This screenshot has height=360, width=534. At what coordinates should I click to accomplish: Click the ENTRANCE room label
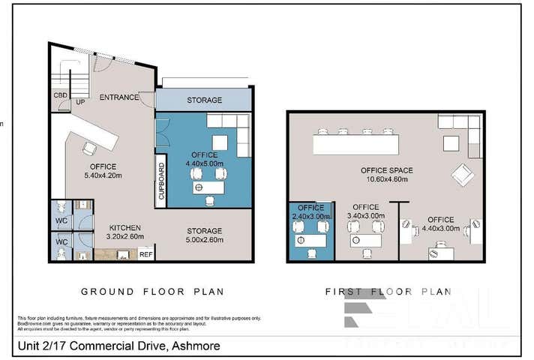click(119, 97)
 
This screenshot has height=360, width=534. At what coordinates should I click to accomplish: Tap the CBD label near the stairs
click(60, 95)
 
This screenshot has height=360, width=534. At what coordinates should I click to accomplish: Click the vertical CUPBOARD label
click(160, 181)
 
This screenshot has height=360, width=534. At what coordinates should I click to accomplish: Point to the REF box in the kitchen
click(146, 254)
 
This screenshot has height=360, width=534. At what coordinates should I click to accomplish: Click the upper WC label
click(61, 222)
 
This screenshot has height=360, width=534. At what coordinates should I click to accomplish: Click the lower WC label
click(61, 242)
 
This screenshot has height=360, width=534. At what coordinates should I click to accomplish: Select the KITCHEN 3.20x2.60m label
click(124, 232)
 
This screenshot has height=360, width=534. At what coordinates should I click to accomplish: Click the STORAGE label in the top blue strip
click(204, 100)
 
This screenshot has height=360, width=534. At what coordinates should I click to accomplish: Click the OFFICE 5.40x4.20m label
click(103, 171)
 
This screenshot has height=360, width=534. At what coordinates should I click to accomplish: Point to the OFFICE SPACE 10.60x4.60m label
click(387, 175)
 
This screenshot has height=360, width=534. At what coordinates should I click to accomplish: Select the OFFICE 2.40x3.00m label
click(310, 211)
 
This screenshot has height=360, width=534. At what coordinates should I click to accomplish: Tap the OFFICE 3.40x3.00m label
click(365, 211)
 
